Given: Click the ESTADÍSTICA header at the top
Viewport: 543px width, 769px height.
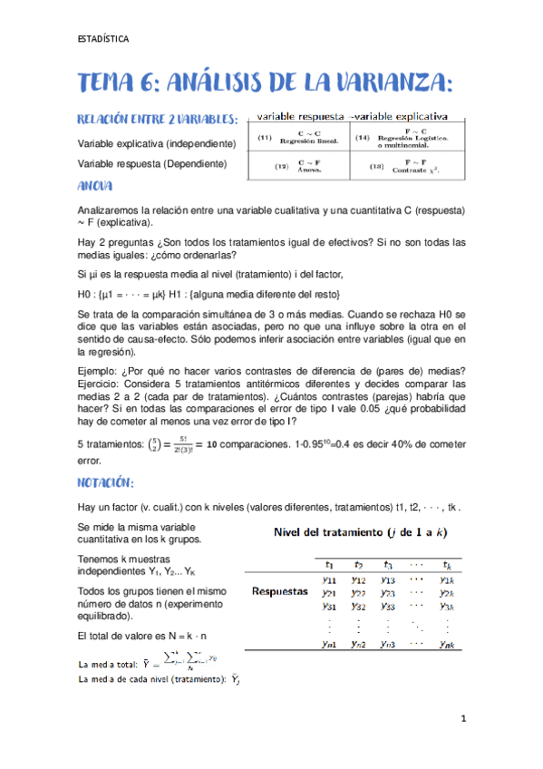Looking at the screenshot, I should pos(102,39).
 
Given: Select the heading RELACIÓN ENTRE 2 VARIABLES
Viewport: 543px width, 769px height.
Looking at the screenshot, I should pos(158,120).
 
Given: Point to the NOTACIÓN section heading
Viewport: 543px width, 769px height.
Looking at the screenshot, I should pos(106,482).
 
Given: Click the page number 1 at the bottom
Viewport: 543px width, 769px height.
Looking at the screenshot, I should pos(462,718).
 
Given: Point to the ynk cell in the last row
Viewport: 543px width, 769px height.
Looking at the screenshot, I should pos(445,644).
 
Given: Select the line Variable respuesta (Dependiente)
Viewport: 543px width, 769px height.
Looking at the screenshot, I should pos(151,163).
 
